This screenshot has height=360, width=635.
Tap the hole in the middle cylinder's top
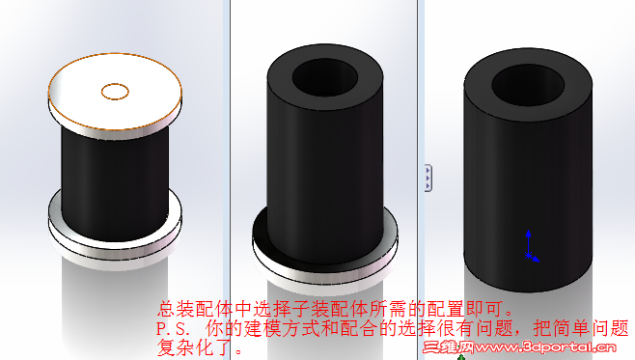(x=325, y=78)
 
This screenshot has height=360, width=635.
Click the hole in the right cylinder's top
(x=528, y=85)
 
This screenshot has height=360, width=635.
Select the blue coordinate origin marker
(x=528, y=256)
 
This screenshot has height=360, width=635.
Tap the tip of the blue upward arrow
(x=528, y=231)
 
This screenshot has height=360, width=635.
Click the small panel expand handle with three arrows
(x=428, y=178)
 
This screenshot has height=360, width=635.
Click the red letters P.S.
(x=173, y=328)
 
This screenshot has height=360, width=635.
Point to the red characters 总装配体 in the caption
(x=195, y=309)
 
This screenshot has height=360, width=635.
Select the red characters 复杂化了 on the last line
(x=195, y=347)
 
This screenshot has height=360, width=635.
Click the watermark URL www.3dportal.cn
(x=545, y=347)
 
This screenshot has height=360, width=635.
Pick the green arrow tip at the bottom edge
(x=461, y=356)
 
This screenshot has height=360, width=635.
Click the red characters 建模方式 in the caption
(x=282, y=328)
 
